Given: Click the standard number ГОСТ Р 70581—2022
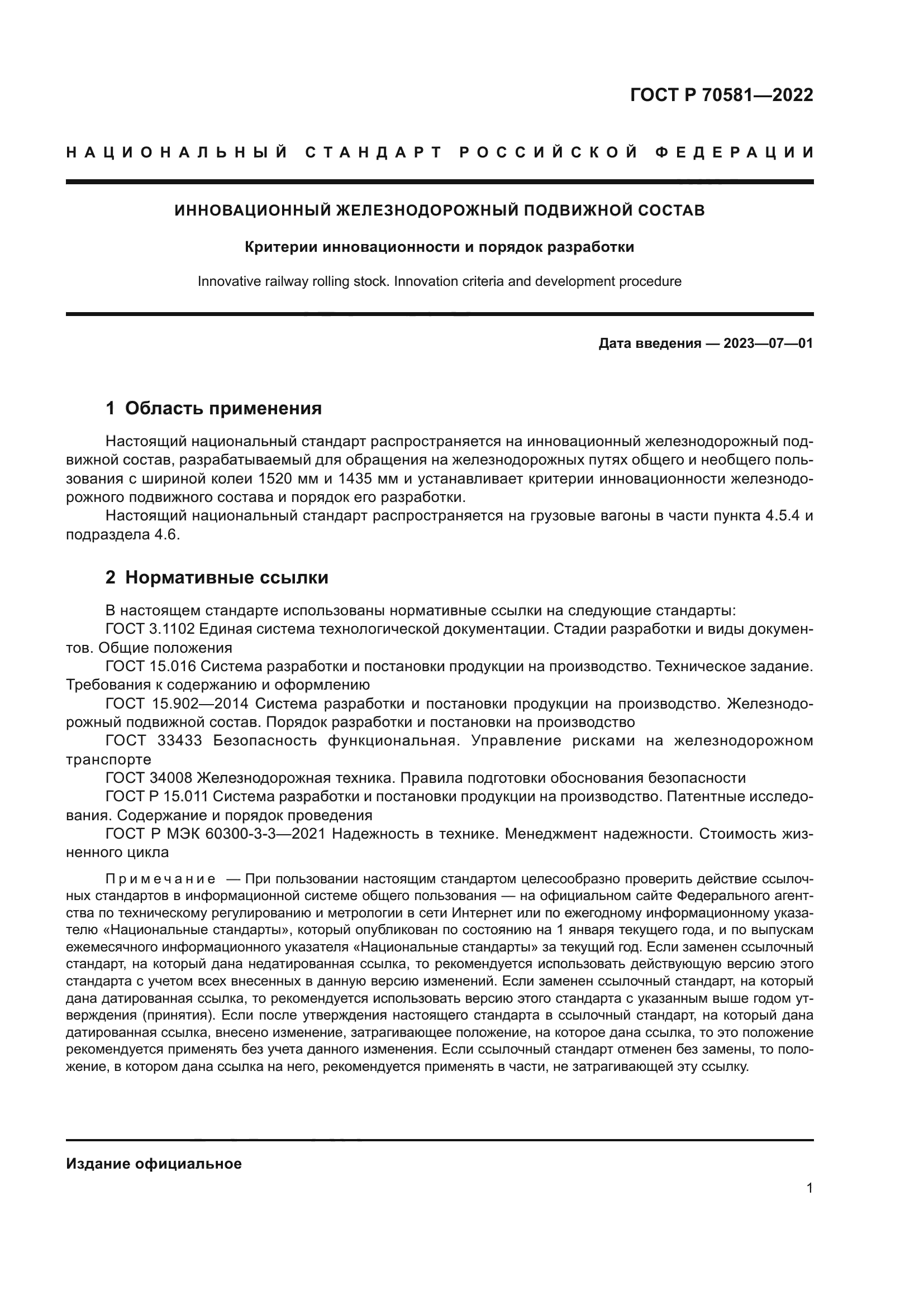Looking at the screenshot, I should click(721, 95).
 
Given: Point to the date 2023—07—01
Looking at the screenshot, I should click(768, 343).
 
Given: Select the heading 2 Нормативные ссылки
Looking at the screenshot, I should click(217, 577).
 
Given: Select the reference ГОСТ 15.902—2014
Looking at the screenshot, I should click(177, 704).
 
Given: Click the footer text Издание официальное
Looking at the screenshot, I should click(154, 1164).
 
